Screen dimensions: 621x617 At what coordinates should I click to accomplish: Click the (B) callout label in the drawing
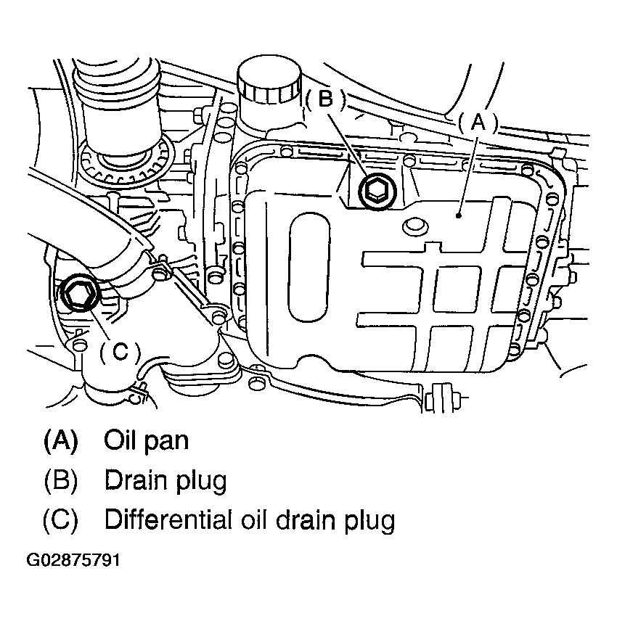click(x=326, y=100)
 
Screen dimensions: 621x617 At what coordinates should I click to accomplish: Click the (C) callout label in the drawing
click(x=118, y=352)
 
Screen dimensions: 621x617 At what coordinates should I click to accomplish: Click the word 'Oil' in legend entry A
click(x=120, y=440)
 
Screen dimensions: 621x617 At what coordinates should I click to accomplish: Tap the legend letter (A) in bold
click(x=60, y=440)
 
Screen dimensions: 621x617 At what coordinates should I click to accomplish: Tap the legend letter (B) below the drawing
click(x=60, y=480)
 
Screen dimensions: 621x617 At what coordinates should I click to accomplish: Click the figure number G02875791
click(x=73, y=562)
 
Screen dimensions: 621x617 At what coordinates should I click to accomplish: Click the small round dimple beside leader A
click(x=415, y=225)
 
